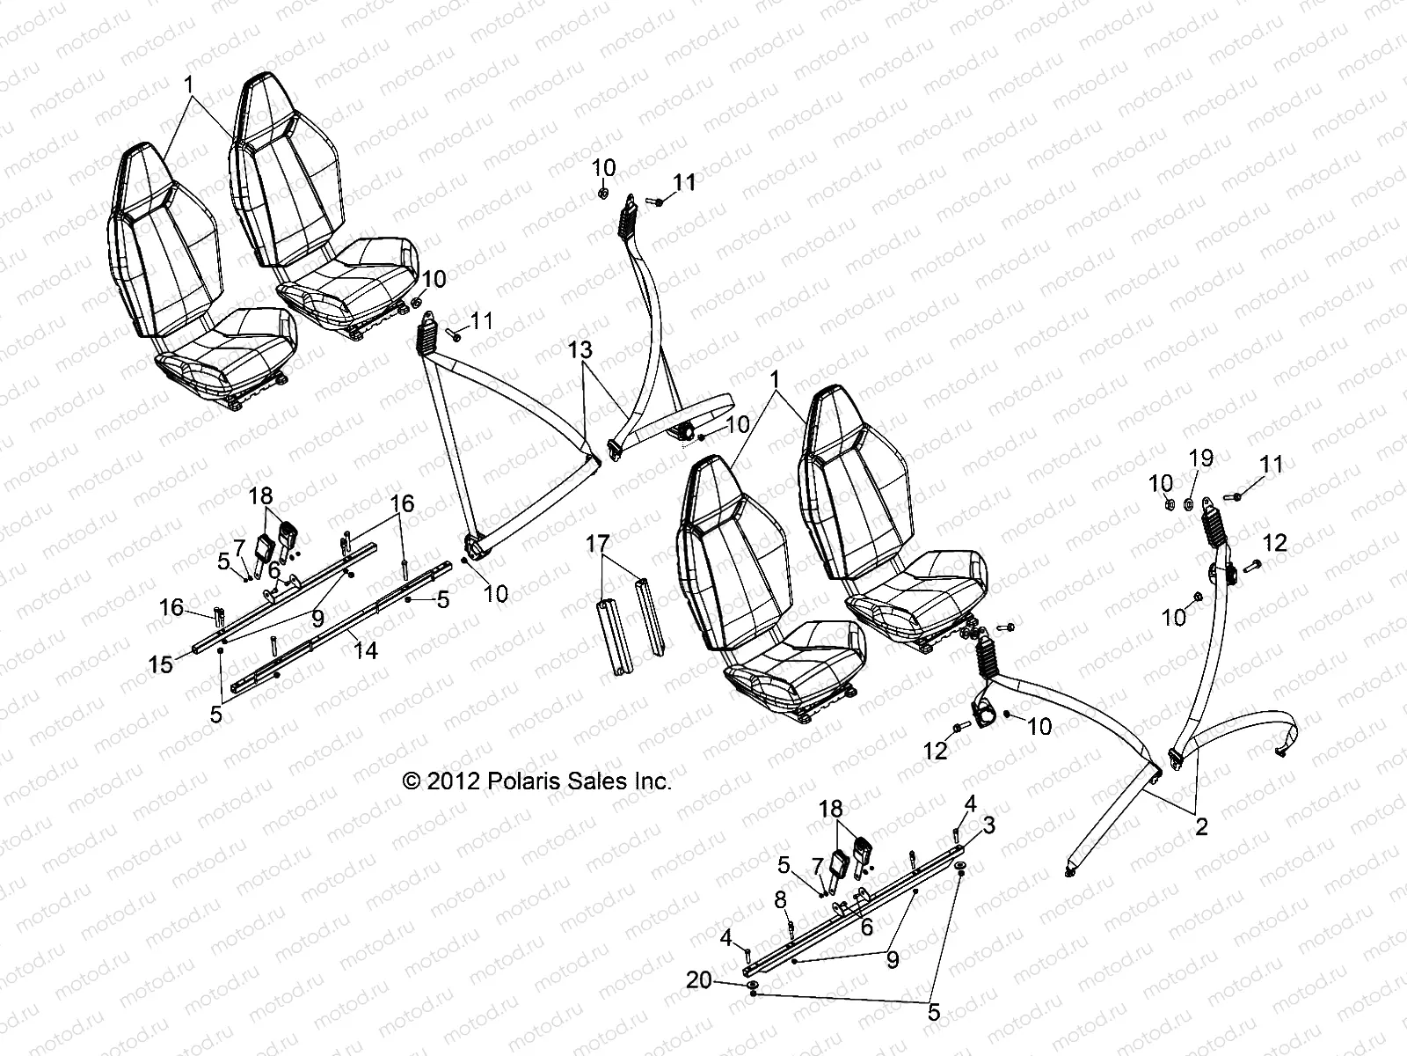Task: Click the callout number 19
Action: point(1201,458)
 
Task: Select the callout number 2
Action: point(1201,826)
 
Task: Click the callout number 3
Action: point(988,825)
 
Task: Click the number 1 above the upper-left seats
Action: point(187,85)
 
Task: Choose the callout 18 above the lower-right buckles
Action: point(831,808)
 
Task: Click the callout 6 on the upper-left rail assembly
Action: point(273,570)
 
